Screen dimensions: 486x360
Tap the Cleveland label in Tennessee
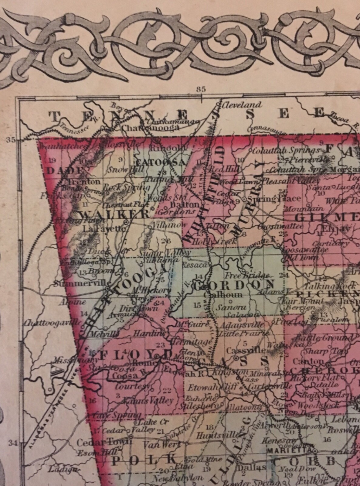[242, 105]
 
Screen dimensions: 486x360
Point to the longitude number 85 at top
[201, 89]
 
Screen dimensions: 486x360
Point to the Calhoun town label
[223, 295]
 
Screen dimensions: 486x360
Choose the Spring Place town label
[275, 199]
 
